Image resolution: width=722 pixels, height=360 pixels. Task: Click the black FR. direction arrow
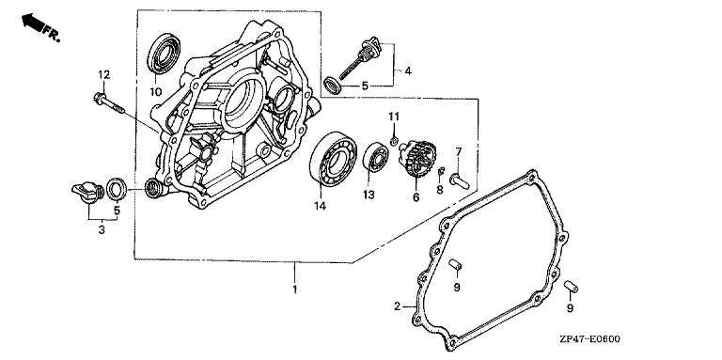32,22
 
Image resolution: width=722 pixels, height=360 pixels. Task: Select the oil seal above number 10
164,54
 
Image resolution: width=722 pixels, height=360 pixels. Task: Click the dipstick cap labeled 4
360,58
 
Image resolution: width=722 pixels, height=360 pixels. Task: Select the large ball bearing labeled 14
334,158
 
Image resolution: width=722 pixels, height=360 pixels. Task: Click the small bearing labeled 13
377,158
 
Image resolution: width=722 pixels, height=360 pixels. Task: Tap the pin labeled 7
460,180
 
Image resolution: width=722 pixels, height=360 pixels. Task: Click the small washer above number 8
441,171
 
